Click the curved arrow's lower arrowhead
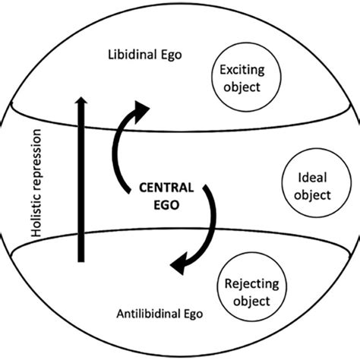pyautogui.click(x=180, y=265)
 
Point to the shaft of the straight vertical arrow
pyautogui.click(x=79, y=190)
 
